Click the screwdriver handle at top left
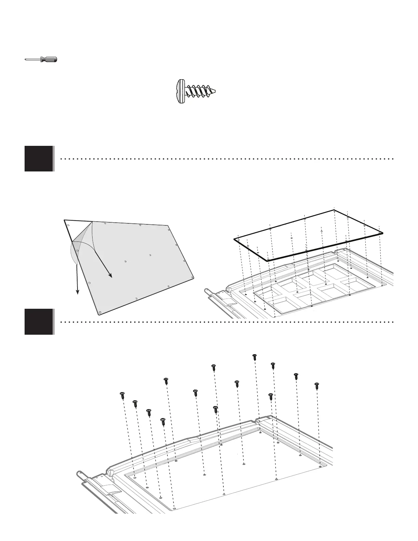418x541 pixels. [x=49, y=59]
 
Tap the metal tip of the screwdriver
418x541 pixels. [x=27, y=60]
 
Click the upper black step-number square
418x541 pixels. [x=39, y=158]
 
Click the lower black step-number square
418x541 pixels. [x=39, y=321]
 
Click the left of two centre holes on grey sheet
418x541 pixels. [x=126, y=262]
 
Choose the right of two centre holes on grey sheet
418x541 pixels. [x=150, y=255]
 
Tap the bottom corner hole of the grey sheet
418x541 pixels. [x=99, y=312]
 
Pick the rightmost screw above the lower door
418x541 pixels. [x=316, y=385]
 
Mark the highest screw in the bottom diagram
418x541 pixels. [x=254, y=357]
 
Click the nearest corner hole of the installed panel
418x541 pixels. [x=175, y=509]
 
